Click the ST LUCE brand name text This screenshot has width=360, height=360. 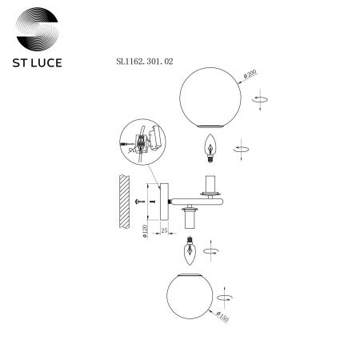pyautogui.click(x=37, y=63)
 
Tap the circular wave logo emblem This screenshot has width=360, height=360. pyautogui.click(x=37, y=29)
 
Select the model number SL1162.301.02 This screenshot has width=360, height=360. pyautogui.click(x=145, y=62)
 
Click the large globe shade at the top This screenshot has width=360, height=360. pyautogui.click(x=210, y=98)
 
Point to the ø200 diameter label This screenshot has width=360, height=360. pyautogui.click(x=250, y=74)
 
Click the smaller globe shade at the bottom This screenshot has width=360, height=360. pyautogui.click(x=190, y=296)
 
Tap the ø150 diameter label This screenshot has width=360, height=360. pyautogui.click(x=222, y=316)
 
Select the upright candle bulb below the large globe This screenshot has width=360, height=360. pyautogui.click(x=210, y=148)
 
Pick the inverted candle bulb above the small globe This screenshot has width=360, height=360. pyautogui.click(x=190, y=250)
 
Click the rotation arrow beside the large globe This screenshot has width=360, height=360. pyautogui.click(x=260, y=99)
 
